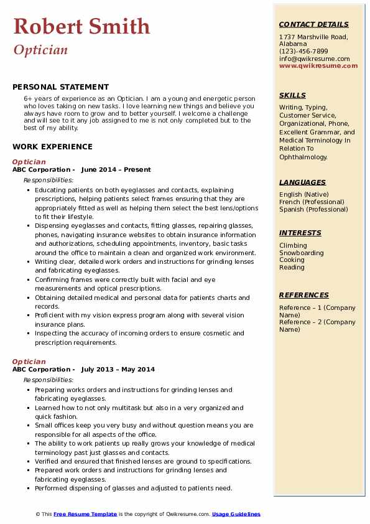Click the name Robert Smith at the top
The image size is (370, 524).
[81, 26]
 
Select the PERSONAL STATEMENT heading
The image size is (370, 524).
[60, 87]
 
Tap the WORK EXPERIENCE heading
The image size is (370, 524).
[52, 147]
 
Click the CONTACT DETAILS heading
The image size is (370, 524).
[314, 25]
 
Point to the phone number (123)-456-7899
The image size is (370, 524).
[303, 52]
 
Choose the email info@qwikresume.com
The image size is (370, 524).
[314, 58]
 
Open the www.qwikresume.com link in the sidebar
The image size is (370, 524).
[314, 65]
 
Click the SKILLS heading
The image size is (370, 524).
[292, 95]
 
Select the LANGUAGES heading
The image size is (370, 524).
[302, 182]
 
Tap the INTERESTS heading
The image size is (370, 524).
[300, 233]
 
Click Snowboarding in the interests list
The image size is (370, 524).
[301, 253]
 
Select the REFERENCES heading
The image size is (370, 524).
[303, 295]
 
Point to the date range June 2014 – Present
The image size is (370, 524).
[116, 170]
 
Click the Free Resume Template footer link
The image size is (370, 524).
[85, 514]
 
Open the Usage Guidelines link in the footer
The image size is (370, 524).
[236, 514]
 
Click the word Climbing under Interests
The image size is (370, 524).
[293, 246]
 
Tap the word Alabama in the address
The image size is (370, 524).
[293, 44]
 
